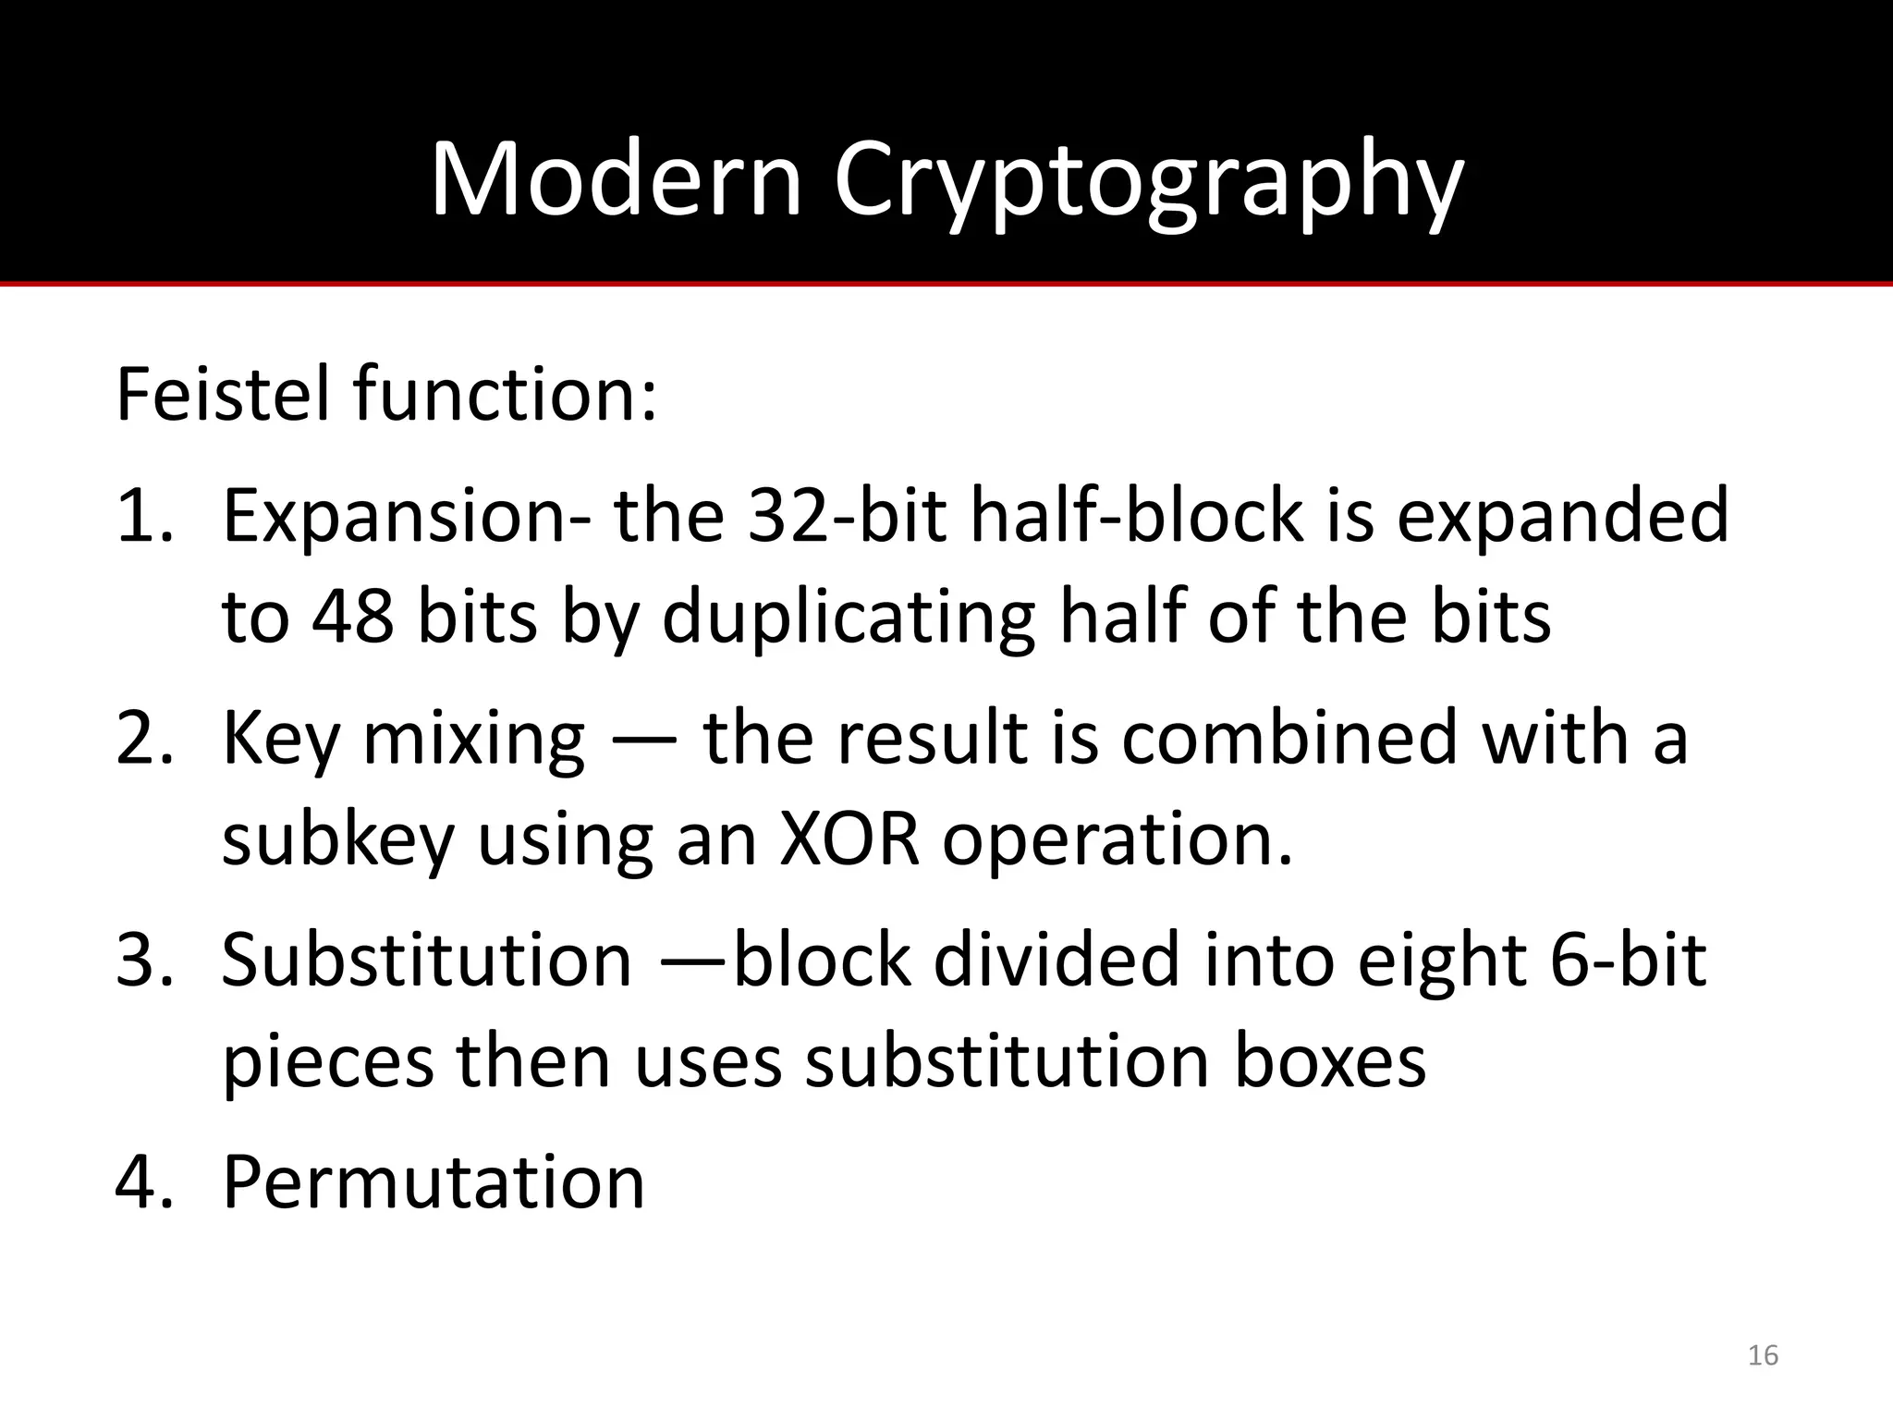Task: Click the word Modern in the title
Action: pos(616,179)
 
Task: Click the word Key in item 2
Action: pos(281,740)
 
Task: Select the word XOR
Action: pos(849,839)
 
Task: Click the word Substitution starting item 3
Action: pos(427,960)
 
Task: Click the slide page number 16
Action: pos(1763,1355)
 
